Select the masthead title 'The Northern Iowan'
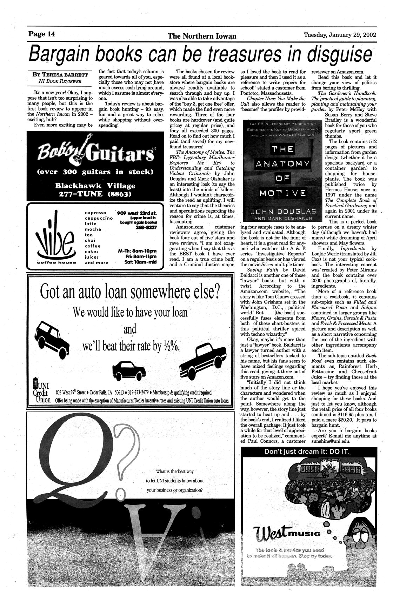[x=202, y=36]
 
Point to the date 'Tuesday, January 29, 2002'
[x=340, y=35]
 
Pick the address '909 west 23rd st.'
[x=138, y=213]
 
